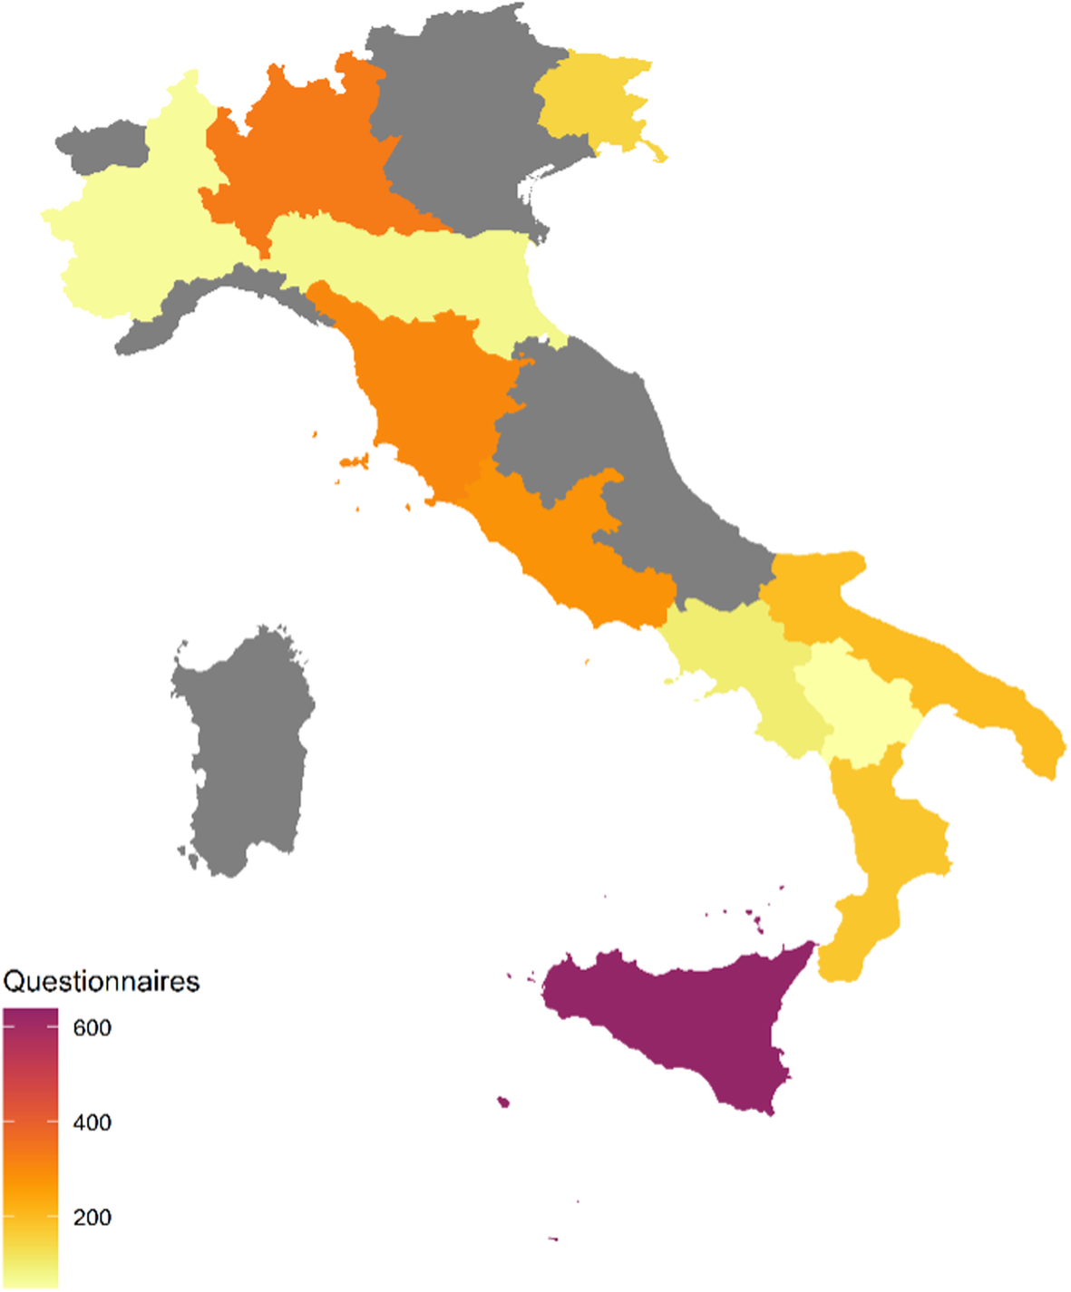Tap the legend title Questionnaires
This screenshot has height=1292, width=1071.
tap(102, 982)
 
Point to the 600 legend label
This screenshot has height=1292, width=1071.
tap(92, 1028)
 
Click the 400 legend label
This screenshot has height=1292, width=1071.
tap(92, 1122)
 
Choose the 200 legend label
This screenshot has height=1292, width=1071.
tap(92, 1217)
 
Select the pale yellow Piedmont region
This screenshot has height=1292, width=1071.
tap(136, 236)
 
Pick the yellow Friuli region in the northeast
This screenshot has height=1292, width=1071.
tap(589, 95)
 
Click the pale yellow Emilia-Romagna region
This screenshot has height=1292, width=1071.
tap(408, 267)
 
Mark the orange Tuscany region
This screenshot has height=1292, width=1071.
tap(426, 390)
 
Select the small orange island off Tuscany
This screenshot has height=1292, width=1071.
tap(355, 461)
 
